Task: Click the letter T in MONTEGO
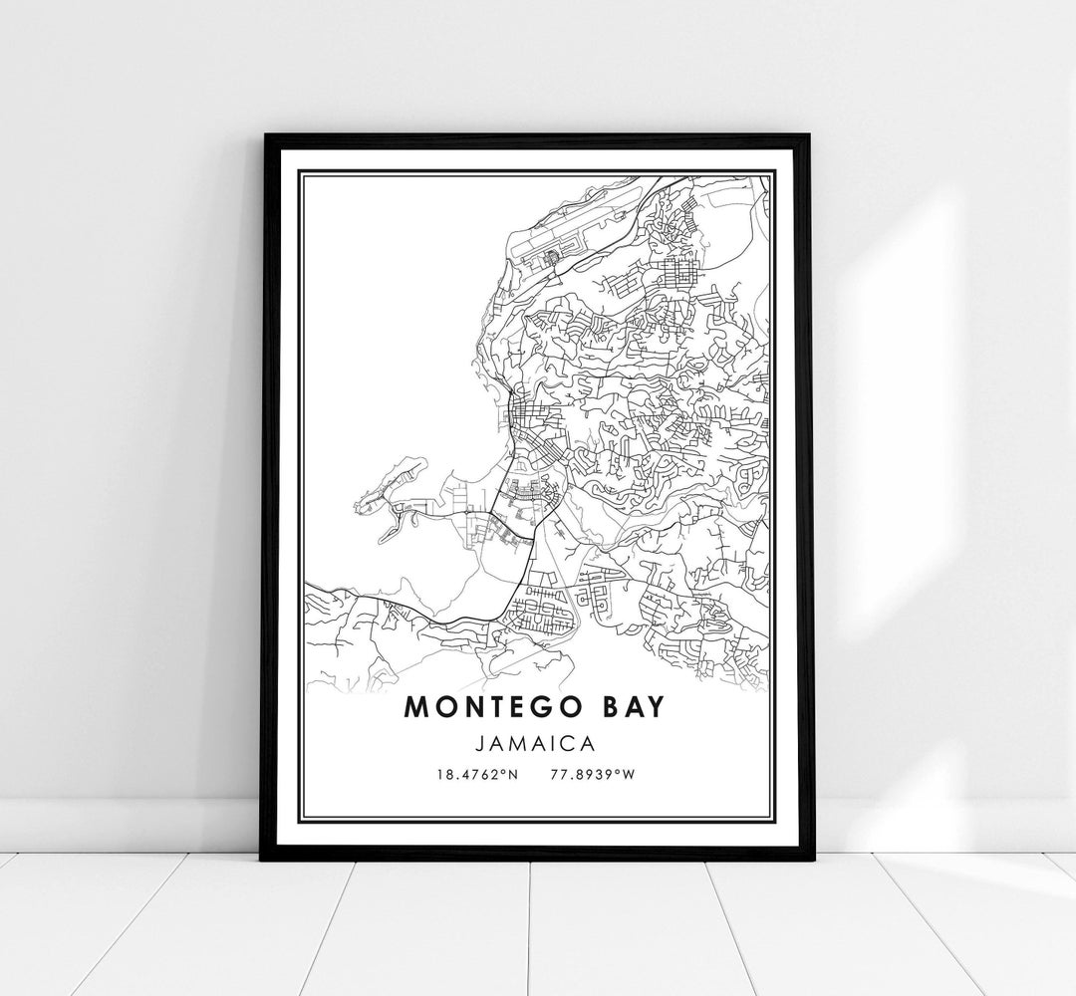pyautogui.click(x=498, y=706)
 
